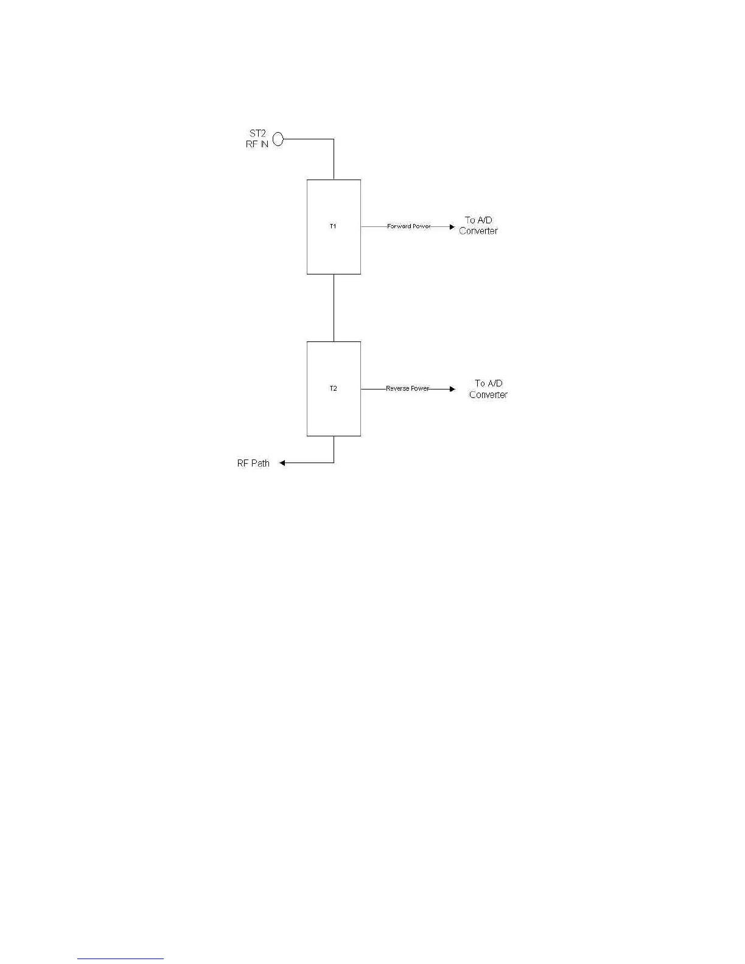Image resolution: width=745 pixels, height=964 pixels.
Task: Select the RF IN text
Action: (257, 145)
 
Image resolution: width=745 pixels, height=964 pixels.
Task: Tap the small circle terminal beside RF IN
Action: (278, 139)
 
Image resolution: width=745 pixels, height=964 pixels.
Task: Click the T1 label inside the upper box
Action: (333, 226)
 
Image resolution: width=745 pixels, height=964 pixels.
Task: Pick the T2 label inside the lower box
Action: (333, 389)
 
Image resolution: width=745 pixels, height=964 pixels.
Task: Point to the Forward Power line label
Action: (408, 226)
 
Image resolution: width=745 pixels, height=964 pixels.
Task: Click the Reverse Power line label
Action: (407, 388)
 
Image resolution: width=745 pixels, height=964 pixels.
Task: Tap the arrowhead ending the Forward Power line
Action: (452, 226)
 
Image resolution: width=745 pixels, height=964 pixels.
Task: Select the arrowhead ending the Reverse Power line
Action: (452, 389)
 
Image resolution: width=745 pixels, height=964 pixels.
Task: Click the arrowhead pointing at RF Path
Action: (283, 463)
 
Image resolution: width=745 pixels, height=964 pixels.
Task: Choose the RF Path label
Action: (253, 463)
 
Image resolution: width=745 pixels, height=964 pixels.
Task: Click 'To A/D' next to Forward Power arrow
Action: (478, 220)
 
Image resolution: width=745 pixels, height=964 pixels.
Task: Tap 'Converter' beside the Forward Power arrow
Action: (478, 231)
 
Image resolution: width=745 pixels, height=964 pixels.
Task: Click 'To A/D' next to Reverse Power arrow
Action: (489, 383)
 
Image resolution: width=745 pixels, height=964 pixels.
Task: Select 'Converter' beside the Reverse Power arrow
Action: (488, 395)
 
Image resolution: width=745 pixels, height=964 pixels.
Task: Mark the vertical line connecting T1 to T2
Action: (334, 308)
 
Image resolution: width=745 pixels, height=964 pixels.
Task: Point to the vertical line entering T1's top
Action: (334, 160)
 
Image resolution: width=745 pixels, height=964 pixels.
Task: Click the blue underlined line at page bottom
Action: (121, 959)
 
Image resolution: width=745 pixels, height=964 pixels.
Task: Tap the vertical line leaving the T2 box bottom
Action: (334, 449)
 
